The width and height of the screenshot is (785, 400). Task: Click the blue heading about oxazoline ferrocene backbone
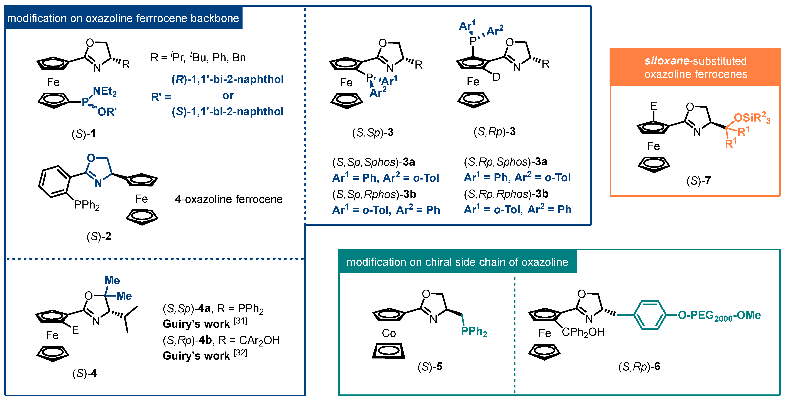[x=123, y=18]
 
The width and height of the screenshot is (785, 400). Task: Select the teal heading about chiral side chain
[x=457, y=262]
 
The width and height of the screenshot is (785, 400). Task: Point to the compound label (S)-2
[x=99, y=236]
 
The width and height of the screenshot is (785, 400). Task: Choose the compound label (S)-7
[x=698, y=180]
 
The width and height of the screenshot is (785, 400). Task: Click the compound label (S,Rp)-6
[x=639, y=367]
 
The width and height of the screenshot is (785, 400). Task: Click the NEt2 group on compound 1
[x=104, y=91]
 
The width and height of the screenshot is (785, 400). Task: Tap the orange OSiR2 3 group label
[x=752, y=118]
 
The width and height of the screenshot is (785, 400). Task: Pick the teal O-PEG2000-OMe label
[x=719, y=315]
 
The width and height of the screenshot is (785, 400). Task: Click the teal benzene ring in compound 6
[x=649, y=315]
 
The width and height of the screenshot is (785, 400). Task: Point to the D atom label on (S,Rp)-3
[x=496, y=77]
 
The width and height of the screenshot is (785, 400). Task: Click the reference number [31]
[x=240, y=321]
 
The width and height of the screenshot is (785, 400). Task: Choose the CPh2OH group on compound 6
[x=583, y=332]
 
